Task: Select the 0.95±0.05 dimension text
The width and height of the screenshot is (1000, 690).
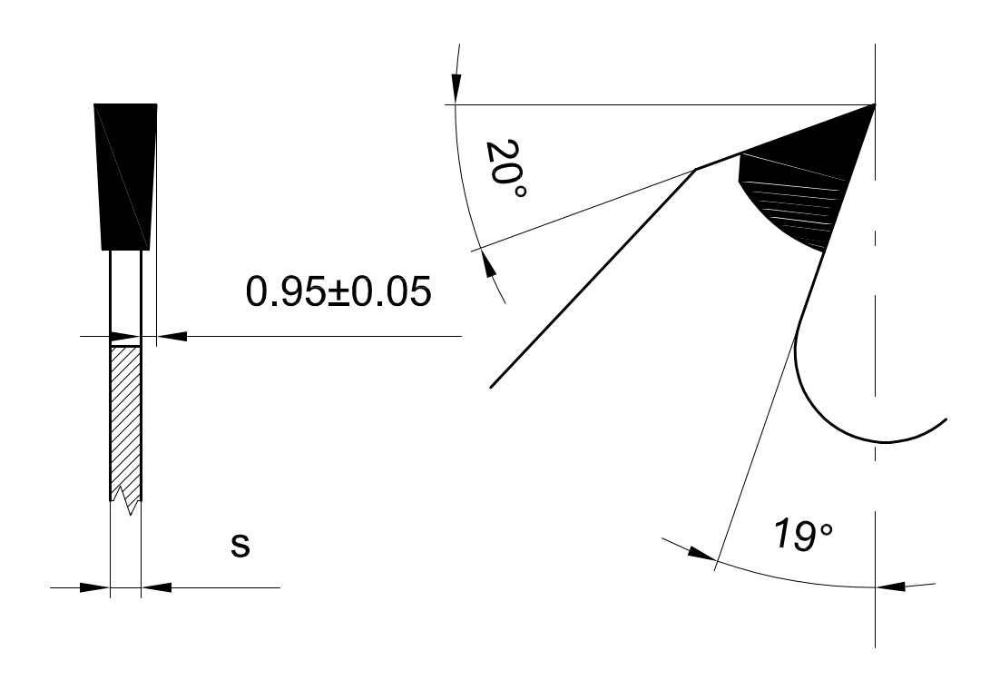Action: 338,291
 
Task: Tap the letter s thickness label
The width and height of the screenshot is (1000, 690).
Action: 240,546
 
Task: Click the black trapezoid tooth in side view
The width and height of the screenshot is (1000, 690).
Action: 125,176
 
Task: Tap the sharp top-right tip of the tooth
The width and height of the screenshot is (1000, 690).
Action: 875,104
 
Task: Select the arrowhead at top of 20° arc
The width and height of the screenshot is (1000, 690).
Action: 456,85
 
